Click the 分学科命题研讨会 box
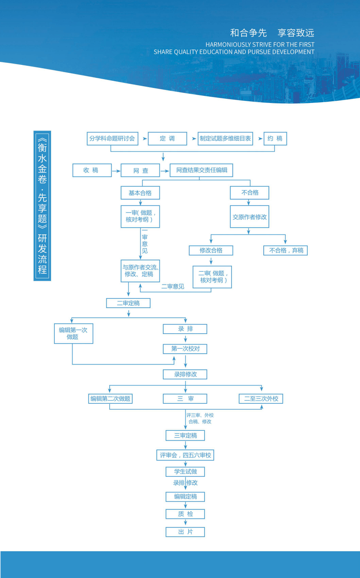pos(112,139)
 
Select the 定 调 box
pos(167,139)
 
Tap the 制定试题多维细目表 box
pos(225,139)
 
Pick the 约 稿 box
pos(275,139)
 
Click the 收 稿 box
pos(92,170)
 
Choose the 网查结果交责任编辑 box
pos(201,170)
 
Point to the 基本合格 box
pos(140,193)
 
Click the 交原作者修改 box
pos(249,217)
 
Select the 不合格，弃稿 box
pos(285,250)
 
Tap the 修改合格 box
pos(211,250)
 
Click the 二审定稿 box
pos(128,303)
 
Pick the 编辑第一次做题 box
pos(73,333)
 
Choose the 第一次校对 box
pos(185,349)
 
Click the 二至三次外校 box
pos(261,398)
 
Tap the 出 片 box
pos(185,532)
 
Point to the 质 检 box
pos(185,514)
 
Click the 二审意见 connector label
pos(172,286)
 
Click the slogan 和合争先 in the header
pos(248,33)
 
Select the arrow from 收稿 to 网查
pos(116,171)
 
